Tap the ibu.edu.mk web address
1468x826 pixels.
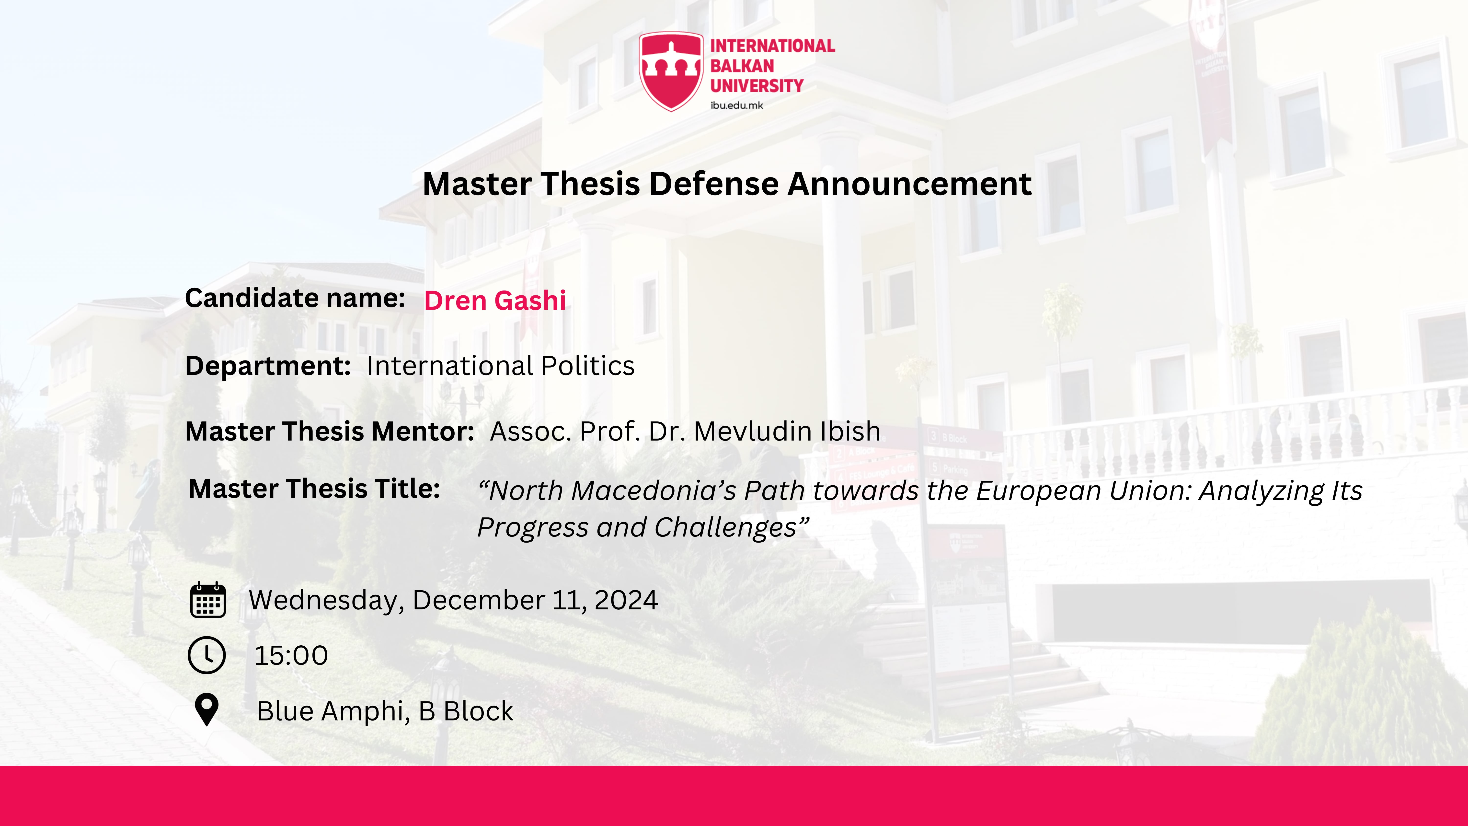click(x=736, y=105)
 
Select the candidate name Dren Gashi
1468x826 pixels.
click(x=495, y=300)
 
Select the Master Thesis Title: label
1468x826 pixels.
click(x=314, y=489)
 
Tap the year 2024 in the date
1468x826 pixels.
click(x=626, y=600)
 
